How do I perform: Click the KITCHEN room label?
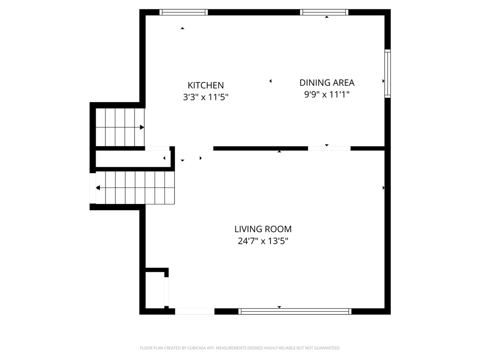click(206, 85)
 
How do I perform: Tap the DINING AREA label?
click(327, 83)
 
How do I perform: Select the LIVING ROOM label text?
click(263, 229)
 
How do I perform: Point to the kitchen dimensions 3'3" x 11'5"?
click(206, 97)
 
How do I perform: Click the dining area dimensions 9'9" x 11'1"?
click(327, 94)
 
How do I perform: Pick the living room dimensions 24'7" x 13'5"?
click(263, 241)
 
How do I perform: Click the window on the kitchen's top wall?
click(183, 12)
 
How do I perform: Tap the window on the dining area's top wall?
click(324, 12)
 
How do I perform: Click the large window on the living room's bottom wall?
click(295, 311)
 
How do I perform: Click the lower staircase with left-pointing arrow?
click(135, 187)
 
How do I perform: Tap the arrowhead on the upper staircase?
click(142, 127)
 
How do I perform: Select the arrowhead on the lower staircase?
click(98, 188)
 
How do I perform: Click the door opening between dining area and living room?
click(329, 148)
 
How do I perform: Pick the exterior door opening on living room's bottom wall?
click(195, 311)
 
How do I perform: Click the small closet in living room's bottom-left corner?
click(154, 289)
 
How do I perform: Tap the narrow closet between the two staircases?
click(132, 158)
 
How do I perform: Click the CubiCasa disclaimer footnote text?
click(240, 348)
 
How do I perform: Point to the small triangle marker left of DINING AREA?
click(270, 82)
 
